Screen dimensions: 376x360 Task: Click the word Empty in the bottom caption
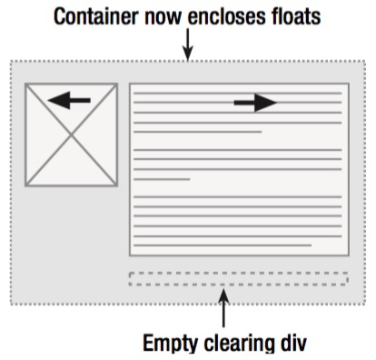coord(172,343)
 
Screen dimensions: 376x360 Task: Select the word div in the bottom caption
coord(294,343)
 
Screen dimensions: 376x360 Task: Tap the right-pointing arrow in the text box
coord(255,103)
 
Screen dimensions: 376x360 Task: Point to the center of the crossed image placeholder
coord(71,135)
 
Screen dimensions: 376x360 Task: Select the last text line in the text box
coord(223,245)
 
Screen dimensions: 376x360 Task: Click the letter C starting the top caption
coord(59,16)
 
